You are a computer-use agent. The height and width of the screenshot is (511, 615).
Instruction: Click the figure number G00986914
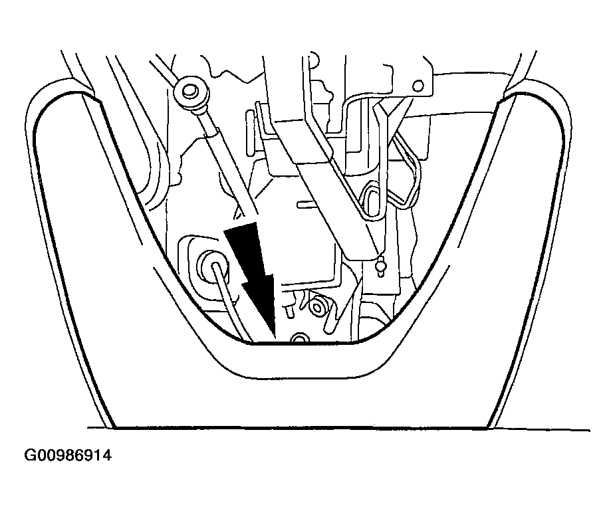[x=68, y=455]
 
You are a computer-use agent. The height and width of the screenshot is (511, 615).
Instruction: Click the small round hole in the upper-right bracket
[x=419, y=85]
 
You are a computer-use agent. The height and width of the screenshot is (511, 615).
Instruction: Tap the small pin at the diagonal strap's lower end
[x=380, y=266]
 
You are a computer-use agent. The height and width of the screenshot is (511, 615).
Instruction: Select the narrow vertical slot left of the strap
[x=249, y=132]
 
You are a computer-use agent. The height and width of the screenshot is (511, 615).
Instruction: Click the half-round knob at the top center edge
[x=314, y=59]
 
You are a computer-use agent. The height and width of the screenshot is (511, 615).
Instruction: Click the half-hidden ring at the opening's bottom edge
[x=301, y=338]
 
